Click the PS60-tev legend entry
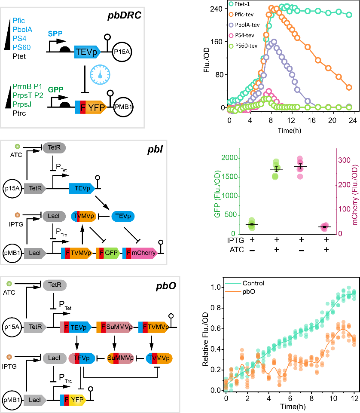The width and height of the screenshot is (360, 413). (247, 46)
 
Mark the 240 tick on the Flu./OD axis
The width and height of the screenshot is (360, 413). (217, 9)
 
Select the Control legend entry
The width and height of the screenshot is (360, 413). (253, 283)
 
